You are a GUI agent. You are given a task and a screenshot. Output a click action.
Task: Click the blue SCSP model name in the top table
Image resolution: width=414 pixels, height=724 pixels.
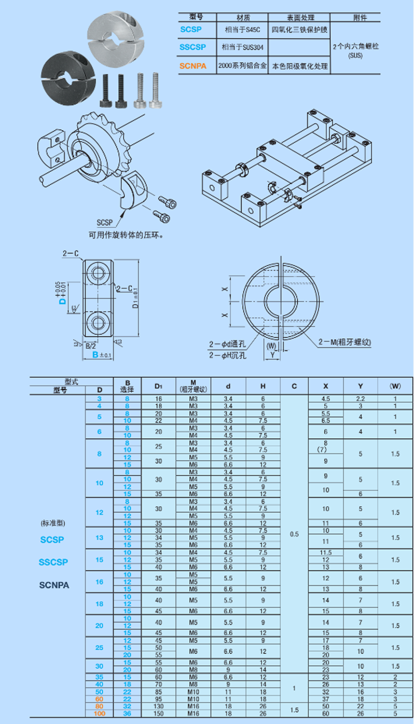coord(191,29)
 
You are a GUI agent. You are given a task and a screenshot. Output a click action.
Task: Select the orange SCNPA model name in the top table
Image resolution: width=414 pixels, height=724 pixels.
coord(193,66)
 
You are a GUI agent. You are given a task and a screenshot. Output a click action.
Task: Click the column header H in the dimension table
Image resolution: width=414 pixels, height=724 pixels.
coord(263,386)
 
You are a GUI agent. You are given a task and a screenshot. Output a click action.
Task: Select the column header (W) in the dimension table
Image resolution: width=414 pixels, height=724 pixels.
coord(395,386)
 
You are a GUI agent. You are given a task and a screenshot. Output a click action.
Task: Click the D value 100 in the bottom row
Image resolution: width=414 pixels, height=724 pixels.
coord(100,713)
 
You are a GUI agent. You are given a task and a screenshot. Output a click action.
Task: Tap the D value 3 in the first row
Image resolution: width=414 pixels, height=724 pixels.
coord(100,398)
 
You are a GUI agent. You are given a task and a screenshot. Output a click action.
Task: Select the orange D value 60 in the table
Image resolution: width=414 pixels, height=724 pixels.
coord(100,699)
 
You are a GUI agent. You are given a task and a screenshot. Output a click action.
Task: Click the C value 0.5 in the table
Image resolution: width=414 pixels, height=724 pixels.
coord(295,534)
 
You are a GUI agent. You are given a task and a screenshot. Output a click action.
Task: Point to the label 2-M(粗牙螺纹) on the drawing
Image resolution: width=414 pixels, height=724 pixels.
coord(345,342)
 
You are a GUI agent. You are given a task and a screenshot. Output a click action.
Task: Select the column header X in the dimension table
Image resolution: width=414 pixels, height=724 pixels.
coord(326,386)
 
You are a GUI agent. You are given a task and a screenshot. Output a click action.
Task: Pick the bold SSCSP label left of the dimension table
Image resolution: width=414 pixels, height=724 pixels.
coord(53,562)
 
